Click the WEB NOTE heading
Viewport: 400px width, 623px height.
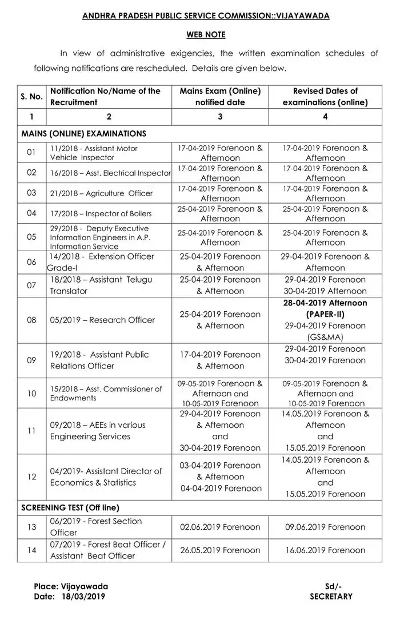[206, 35]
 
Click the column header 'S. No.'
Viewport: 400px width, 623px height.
[32, 97]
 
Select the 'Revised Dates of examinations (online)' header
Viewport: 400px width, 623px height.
[325, 97]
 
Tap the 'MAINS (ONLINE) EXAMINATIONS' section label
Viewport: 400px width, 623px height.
[83, 133]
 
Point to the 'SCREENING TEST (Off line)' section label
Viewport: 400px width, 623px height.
[70, 507]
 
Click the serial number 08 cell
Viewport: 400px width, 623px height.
[32, 320]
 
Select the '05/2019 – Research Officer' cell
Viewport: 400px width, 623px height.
[102, 320]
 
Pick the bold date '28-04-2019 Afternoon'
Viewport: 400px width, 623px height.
[325, 303]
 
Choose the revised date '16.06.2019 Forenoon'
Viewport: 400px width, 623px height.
[325, 550]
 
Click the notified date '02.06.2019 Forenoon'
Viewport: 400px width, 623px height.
[220, 527]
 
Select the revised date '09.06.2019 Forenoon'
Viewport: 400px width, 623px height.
[325, 527]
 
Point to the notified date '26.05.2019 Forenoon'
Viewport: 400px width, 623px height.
[220, 550]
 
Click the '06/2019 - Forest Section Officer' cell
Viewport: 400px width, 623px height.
[96, 527]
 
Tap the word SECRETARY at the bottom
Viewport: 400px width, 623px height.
[331, 596]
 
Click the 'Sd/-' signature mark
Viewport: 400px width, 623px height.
[332, 586]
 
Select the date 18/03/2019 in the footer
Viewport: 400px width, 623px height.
[83, 596]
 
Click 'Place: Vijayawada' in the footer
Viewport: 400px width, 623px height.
[71, 586]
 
